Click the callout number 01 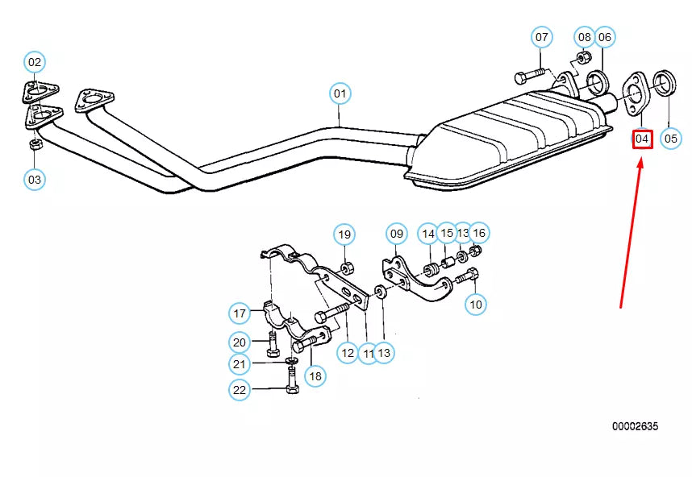point(340,93)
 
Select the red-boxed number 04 point(641,139)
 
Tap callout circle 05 point(671,139)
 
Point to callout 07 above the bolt point(541,37)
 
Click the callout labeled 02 point(34,61)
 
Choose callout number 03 point(34,179)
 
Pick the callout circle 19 point(344,234)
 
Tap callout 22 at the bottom point(240,390)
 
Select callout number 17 point(240,313)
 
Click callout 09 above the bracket point(396,234)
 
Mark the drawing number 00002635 point(634,425)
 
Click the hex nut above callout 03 point(35,145)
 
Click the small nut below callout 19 point(346,267)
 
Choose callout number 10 point(476,304)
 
